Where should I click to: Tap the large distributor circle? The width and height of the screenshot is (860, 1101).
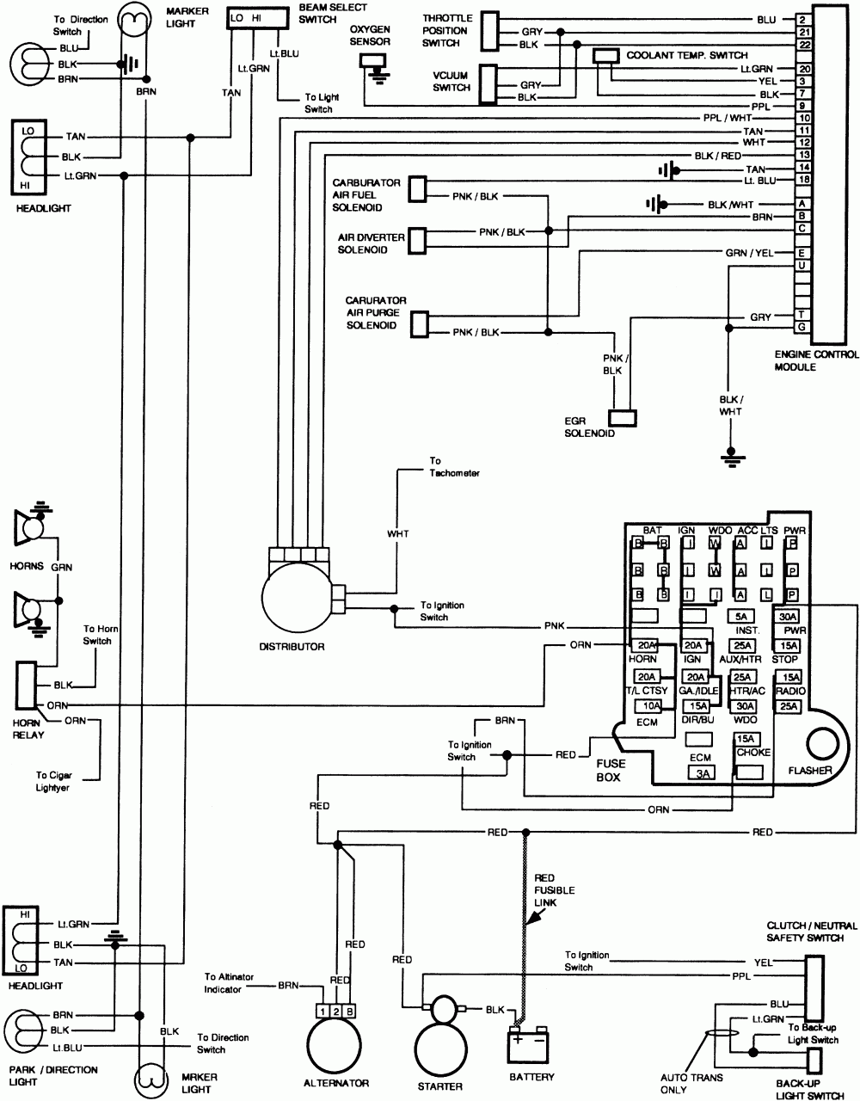click(297, 599)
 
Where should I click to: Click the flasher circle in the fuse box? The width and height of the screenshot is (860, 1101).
click(818, 742)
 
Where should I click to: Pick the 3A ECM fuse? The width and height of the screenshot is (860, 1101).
click(700, 772)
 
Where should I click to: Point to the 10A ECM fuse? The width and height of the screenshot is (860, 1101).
click(648, 706)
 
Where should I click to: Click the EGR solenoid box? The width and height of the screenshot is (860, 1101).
click(623, 417)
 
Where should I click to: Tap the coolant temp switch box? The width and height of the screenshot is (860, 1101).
click(606, 56)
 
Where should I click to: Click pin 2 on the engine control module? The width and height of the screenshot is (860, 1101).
click(801, 19)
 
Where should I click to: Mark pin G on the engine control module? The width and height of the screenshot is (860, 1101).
click(801, 327)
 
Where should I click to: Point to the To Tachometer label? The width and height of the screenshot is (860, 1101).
click(454, 467)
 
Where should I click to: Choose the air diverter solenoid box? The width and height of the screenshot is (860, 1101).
click(418, 240)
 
